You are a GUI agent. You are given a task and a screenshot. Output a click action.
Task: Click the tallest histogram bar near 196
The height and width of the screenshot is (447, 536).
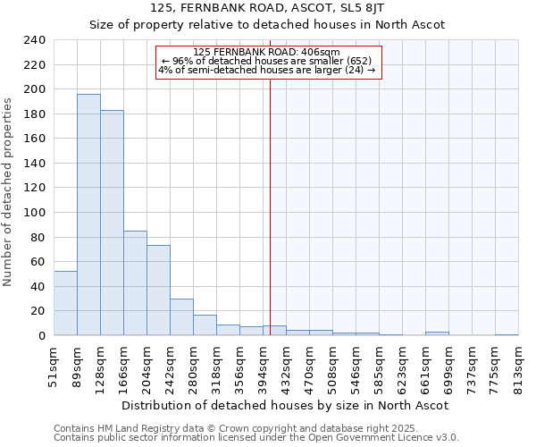coord(88,215)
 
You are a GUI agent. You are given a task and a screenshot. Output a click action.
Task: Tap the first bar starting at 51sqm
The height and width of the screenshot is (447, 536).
coord(65,303)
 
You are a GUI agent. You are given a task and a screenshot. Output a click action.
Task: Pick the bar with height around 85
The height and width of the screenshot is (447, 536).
coord(135,283)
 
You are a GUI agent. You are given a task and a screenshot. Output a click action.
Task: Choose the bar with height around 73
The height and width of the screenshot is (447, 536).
coord(158,291)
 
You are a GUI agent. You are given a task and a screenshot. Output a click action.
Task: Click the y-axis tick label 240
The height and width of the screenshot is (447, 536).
coord(35,40)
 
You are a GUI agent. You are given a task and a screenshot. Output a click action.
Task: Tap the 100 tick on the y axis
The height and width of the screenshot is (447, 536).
coord(35,213)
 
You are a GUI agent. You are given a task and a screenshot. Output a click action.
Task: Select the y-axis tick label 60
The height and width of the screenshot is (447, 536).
coord(38,262)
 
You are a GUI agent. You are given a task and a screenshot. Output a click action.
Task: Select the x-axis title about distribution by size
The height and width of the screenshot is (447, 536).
coord(284,405)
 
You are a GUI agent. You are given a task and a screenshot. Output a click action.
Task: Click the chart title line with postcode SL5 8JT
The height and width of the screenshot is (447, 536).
coord(267,8)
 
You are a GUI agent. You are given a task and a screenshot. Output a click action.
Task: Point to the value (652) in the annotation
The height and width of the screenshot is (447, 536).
coord(366,61)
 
